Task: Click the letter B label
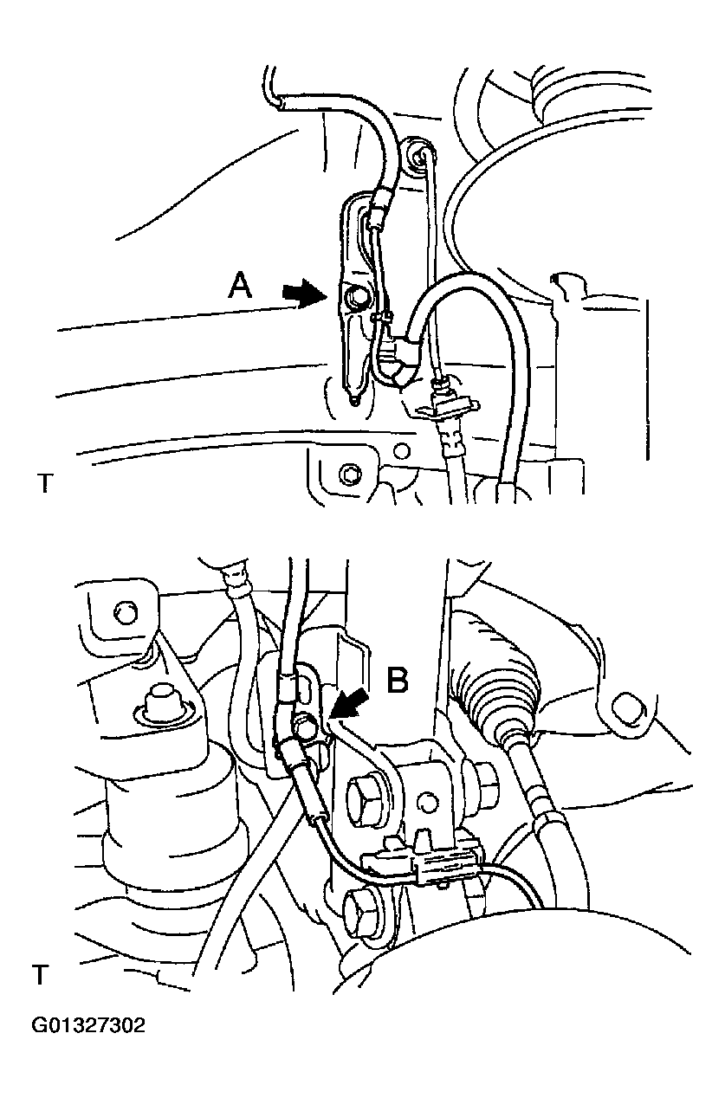click(397, 680)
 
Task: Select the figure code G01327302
click(88, 1027)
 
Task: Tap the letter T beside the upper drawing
click(44, 483)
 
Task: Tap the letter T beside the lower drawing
click(40, 975)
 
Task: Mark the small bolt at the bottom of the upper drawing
click(349, 474)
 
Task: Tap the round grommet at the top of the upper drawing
click(421, 156)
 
